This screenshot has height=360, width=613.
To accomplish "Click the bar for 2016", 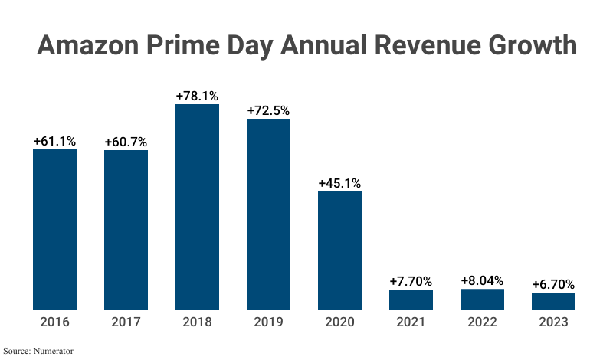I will click(x=54, y=229).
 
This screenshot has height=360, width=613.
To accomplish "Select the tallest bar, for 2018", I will click(x=197, y=207).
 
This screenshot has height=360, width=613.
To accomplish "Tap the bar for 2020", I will click(x=339, y=250).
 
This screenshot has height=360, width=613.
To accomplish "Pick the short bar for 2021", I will click(x=411, y=299).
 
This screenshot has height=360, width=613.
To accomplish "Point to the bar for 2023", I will click(x=553, y=301).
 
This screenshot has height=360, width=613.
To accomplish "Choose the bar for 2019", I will click(x=268, y=214).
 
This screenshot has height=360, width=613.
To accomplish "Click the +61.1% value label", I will click(x=54, y=141).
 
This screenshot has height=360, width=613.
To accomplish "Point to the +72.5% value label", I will click(x=268, y=110).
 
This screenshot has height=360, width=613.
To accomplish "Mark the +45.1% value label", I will click(x=339, y=183).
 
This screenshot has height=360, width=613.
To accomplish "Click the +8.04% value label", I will click(x=482, y=280).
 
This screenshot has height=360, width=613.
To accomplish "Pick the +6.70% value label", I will click(x=553, y=284).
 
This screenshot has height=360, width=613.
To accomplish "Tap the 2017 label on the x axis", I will click(x=126, y=322).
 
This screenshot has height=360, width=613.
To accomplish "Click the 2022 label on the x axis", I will click(x=482, y=322).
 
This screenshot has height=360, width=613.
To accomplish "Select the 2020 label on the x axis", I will click(x=339, y=322).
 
